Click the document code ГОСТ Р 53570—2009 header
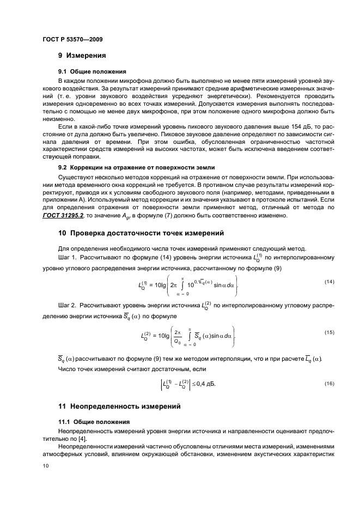pos(72,39)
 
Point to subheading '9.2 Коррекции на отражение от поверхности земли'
pos(136,167)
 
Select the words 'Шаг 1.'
pos(68,256)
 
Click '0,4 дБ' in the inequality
pos(205,385)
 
